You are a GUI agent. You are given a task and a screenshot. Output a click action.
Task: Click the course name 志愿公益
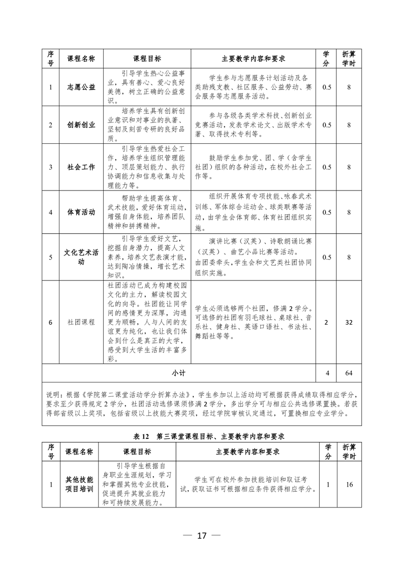[x=81, y=87]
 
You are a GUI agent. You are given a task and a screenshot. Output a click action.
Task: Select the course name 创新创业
[x=81, y=124]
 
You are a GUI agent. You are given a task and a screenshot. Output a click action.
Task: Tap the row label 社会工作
[x=81, y=167]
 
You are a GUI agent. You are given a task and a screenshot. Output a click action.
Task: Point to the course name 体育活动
[x=81, y=212]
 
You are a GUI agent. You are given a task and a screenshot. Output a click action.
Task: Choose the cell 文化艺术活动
[x=81, y=257]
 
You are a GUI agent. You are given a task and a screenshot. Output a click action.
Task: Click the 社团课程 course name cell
[x=81, y=322]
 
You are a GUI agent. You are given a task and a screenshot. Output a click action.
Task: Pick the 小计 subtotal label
[x=178, y=373]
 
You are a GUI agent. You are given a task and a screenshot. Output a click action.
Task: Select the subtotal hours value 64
[x=349, y=373]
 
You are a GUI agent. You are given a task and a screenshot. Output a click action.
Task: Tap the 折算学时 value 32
[x=349, y=322]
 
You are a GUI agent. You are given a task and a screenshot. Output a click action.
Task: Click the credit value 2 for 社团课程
[x=326, y=322]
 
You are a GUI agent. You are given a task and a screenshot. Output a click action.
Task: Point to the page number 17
[x=202, y=535]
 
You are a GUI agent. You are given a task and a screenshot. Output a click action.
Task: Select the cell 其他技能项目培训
[x=79, y=484]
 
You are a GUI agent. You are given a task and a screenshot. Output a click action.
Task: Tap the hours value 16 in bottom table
[x=349, y=484]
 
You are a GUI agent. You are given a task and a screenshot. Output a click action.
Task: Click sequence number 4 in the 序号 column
[x=51, y=212]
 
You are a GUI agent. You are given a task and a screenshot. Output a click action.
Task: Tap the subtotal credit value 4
[x=326, y=373]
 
